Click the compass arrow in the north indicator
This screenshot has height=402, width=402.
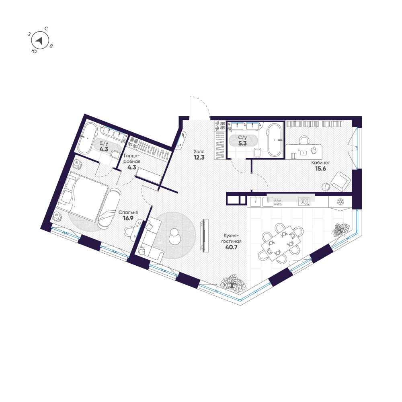tap(39, 40)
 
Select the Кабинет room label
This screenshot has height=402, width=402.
tap(320, 163)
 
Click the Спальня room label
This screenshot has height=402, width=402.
tap(128, 213)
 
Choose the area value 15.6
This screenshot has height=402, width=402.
tap(320, 169)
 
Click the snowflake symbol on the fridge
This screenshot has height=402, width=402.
tap(340, 201)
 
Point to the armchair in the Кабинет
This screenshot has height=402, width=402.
tap(340, 181)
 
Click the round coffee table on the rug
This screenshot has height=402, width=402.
tap(175, 236)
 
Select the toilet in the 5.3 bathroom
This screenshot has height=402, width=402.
tap(258, 152)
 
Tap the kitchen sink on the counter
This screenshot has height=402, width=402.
tap(256, 201)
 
